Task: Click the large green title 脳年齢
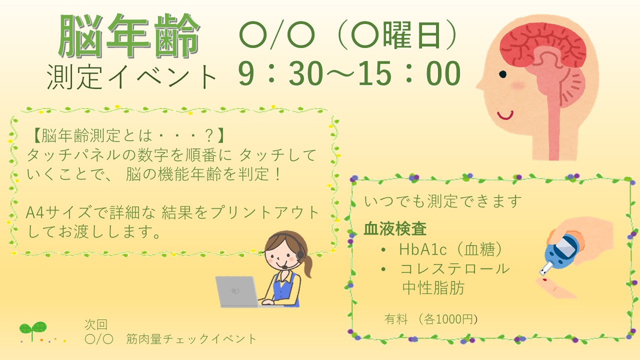[129, 35]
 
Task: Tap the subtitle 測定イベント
[131, 77]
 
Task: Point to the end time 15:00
[409, 73]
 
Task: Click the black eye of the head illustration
[502, 74]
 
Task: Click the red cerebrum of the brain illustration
[540, 45]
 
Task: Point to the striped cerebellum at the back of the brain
[568, 85]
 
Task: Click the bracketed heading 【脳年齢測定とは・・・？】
[128, 135]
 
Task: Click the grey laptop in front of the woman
[237, 291]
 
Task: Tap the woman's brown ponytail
[307, 265]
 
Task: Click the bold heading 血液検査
[395, 229]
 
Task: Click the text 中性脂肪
[433, 287]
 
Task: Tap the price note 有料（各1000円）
[431, 319]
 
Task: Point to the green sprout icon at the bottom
[33, 330]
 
